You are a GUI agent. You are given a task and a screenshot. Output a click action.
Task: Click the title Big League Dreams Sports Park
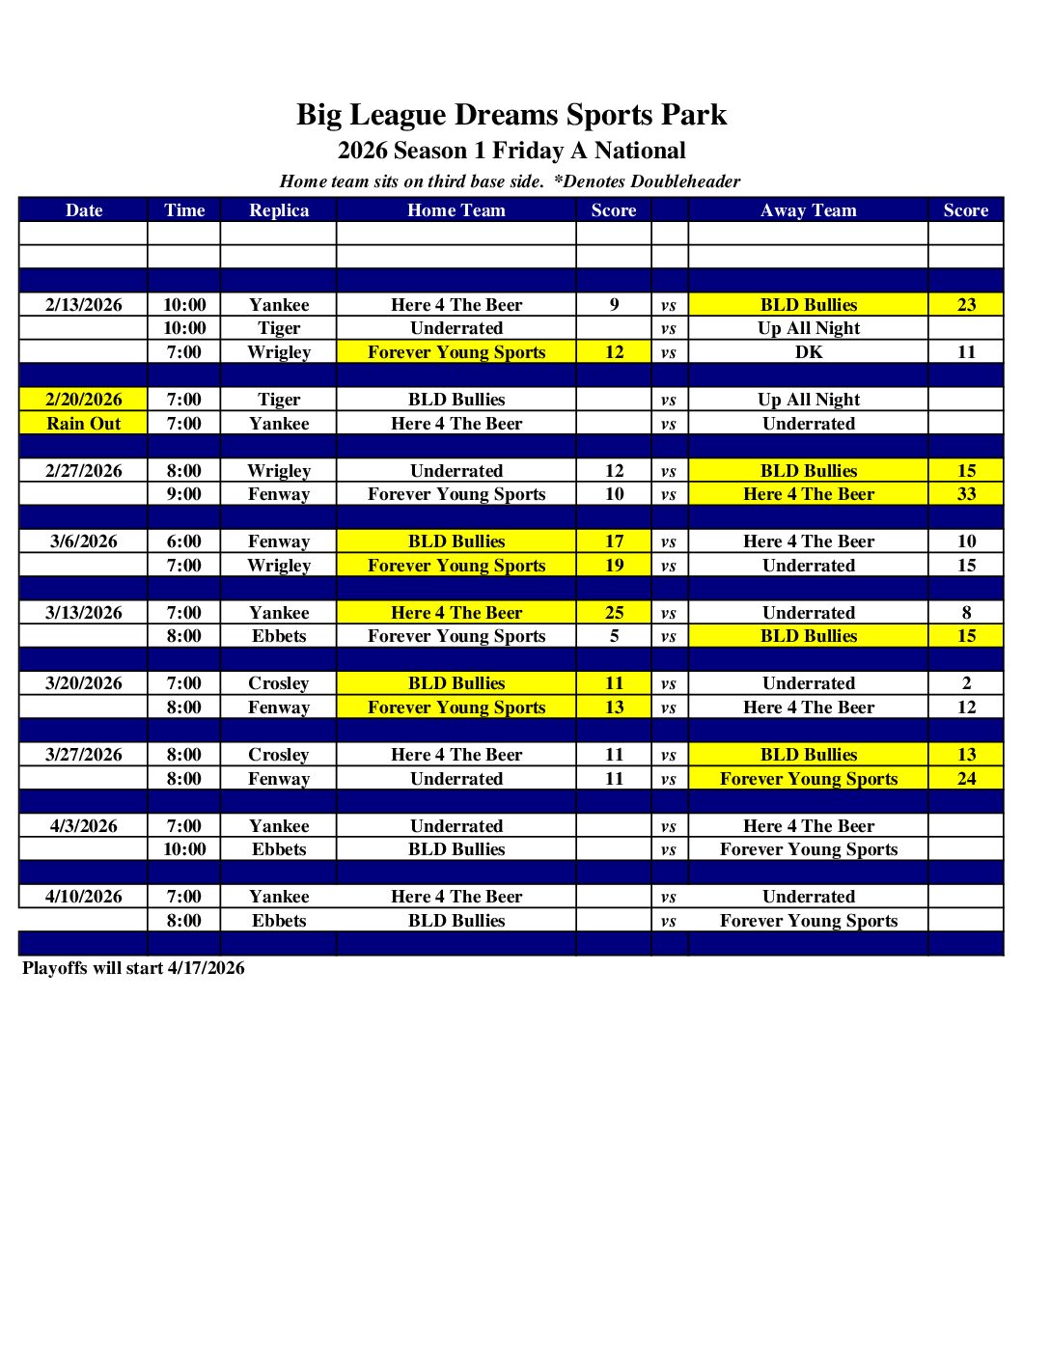click(511, 115)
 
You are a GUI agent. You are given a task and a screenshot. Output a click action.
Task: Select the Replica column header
click(279, 210)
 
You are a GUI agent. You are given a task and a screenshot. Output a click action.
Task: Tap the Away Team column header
click(808, 210)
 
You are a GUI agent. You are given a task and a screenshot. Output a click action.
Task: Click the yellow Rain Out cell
click(84, 424)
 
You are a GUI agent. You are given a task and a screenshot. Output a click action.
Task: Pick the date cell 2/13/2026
click(84, 305)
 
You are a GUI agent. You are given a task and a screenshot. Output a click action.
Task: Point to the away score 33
click(966, 494)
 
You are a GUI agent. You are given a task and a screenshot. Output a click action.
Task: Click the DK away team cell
click(809, 352)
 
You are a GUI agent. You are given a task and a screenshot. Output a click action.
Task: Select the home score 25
click(614, 613)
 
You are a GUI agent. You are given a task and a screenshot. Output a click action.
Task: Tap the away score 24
click(966, 779)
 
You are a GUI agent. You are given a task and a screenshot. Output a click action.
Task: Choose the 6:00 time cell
click(184, 541)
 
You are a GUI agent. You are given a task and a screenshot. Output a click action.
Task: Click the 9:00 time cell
click(184, 494)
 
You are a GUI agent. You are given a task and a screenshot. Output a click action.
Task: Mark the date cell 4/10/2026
click(84, 897)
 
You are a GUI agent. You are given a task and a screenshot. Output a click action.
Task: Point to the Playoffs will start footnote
click(133, 968)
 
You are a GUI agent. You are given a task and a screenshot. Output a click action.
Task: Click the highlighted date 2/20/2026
click(84, 400)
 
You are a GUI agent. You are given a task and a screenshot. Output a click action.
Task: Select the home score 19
click(614, 566)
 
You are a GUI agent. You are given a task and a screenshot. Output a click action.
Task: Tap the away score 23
click(966, 305)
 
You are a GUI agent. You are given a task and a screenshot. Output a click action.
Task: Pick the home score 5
click(614, 636)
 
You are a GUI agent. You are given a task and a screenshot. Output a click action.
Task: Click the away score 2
click(966, 683)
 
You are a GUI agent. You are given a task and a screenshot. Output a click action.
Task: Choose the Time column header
click(184, 210)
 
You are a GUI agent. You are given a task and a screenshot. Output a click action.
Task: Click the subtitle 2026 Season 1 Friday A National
click(511, 151)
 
